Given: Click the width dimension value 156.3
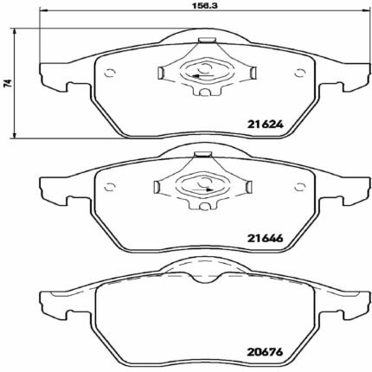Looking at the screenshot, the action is tap(205, 5).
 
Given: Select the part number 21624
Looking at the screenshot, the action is tap(266, 125).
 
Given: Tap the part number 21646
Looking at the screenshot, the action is tap(266, 238).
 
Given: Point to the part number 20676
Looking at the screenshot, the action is tap(266, 352).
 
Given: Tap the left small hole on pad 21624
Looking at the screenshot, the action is tap(110, 73).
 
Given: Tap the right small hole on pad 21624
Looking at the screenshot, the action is tap(299, 73).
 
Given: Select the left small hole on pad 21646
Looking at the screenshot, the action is tap(110, 187).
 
